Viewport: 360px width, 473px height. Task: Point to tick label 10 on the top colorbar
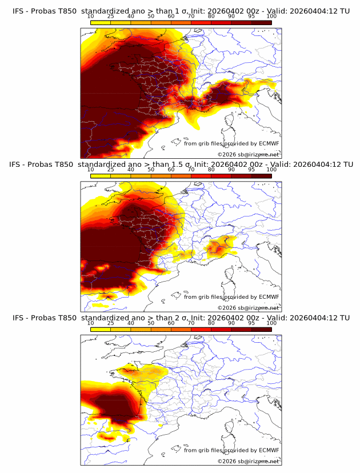91,17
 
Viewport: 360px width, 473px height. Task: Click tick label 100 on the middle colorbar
271,170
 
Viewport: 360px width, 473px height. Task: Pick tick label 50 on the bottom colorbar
151,323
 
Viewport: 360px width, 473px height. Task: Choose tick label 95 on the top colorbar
251,17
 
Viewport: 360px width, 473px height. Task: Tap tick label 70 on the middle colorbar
191,170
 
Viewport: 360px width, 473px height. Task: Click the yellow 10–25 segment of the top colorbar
101,23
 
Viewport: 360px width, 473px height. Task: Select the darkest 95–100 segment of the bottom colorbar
261,329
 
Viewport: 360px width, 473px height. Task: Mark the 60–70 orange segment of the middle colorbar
181,176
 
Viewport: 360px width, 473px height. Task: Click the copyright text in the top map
248,155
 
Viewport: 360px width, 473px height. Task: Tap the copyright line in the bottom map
248,461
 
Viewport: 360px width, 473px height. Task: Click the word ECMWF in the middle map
269,296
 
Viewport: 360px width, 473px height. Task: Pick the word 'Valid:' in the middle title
280,165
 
